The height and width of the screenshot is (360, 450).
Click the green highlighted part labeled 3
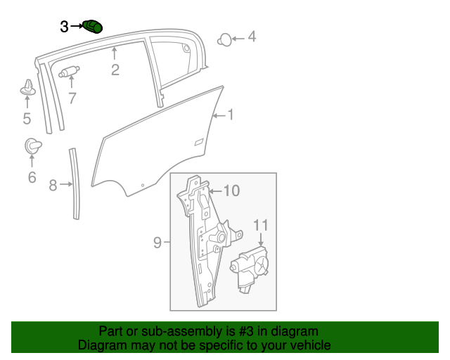(x=92, y=27)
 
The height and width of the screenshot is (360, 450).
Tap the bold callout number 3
(x=64, y=27)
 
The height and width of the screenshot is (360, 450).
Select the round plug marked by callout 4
(x=224, y=40)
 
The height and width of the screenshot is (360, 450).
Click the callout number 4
(x=252, y=37)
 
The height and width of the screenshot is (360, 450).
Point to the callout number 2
(x=115, y=70)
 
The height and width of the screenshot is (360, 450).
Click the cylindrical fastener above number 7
(x=69, y=72)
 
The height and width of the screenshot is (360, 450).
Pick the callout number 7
(x=72, y=98)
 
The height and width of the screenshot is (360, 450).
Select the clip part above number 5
(x=28, y=87)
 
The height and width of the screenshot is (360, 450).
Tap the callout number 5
(x=27, y=118)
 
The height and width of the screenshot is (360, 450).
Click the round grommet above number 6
(x=33, y=146)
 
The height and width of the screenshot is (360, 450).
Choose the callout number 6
(x=32, y=177)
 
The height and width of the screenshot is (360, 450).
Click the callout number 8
(x=53, y=185)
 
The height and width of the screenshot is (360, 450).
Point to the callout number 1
(x=231, y=115)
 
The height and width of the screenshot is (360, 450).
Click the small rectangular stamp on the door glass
(x=199, y=142)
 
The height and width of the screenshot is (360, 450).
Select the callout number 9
(x=157, y=243)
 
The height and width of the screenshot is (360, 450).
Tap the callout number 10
(x=231, y=191)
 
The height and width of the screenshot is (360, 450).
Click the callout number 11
(x=261, y=226)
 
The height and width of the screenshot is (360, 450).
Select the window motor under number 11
(x=249, y=269)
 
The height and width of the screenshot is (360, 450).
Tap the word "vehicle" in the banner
(x=312, y=345)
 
